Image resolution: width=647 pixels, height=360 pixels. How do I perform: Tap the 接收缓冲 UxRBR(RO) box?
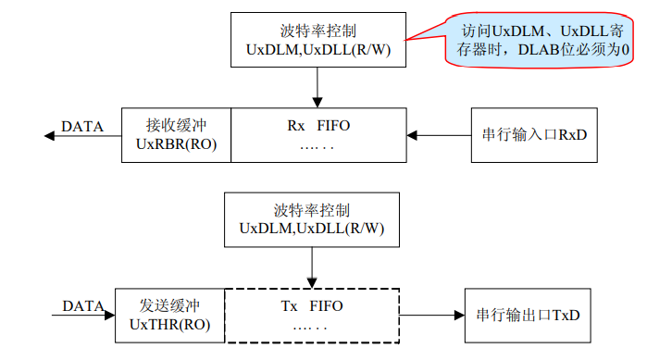tap(176, 135)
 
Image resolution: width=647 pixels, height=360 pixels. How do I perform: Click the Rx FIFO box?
tap(318, 135)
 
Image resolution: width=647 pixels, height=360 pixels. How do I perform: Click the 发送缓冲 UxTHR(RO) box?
tap(169, 315)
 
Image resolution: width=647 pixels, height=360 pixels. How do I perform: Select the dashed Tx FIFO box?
tap(311, 315)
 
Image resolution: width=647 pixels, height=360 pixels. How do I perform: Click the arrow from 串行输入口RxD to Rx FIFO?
tap(439, 136)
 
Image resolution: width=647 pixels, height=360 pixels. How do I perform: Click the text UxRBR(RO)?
tap(176, 144)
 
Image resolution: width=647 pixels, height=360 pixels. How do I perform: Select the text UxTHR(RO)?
tap(169, 324)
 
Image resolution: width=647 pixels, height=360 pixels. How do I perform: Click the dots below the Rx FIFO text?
tap(318, 146)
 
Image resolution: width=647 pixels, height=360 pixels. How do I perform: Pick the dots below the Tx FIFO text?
tap(311, 326)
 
